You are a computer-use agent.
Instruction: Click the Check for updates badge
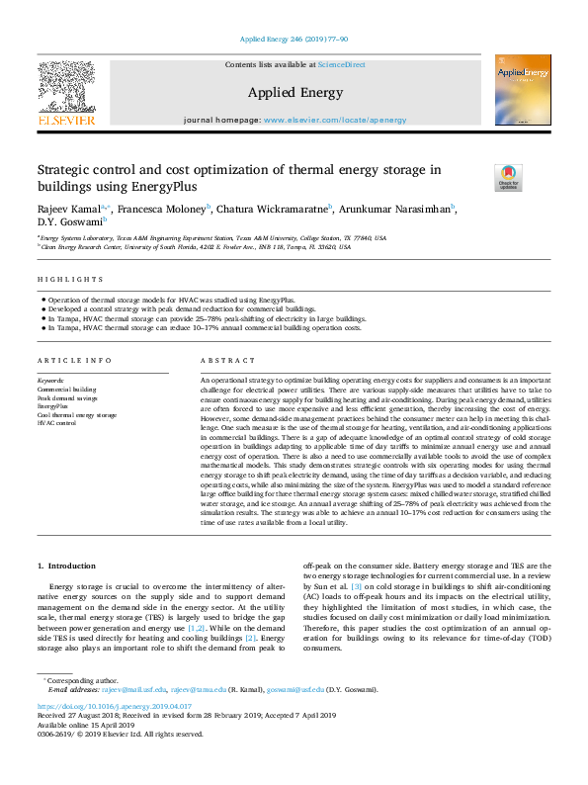[480, 177]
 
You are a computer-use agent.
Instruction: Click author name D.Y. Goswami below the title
[62, 222]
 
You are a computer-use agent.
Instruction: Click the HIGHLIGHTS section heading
[70, 280]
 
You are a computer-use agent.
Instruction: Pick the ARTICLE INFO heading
[70, 362]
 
